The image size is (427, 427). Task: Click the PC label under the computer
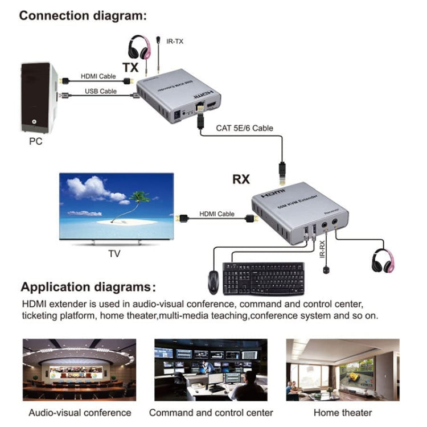tap(35, 140)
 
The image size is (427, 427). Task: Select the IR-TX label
tap(175, 41)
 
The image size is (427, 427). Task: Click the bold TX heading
tap(130, 67)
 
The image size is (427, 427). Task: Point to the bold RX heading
tap(241, 179)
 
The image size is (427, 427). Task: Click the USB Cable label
tap(101, 91)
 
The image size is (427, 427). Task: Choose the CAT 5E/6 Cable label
tap(244, 128)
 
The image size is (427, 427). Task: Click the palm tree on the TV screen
tap(137, 202)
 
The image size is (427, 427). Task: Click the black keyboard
tap(263, 278)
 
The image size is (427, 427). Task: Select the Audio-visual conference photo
tap(79, 369)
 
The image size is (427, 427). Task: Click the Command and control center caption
tap(211, 412)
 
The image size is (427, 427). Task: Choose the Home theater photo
tap(342, 369)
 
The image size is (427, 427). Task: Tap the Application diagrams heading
tap(88, 287)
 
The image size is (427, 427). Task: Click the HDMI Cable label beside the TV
tap(217, 214)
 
